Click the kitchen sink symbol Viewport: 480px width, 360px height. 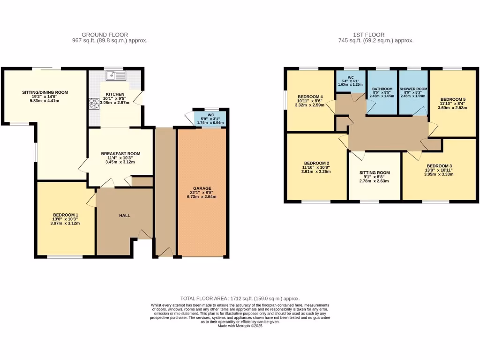(x=115, y=75)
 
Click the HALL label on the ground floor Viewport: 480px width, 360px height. (x=125, y=215)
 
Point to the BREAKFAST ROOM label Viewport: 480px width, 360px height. (x=121, y=153)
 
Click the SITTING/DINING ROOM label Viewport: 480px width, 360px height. (x=45, y=92)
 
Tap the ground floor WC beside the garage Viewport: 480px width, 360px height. (x=210, y=119)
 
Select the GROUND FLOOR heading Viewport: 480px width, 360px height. (x=105, y=35)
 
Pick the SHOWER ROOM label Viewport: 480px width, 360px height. (x=413, y=89)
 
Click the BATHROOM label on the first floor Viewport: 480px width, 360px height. (x=382, y=89)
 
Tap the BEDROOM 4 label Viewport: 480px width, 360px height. (x=310, y=97)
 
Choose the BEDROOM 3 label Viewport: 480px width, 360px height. (x=439, y=166)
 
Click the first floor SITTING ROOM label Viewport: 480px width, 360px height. (x=374, y=172)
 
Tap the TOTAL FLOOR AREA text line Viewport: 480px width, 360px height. (x=240, y=299)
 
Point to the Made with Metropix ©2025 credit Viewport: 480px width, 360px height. (x=240, y=326)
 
